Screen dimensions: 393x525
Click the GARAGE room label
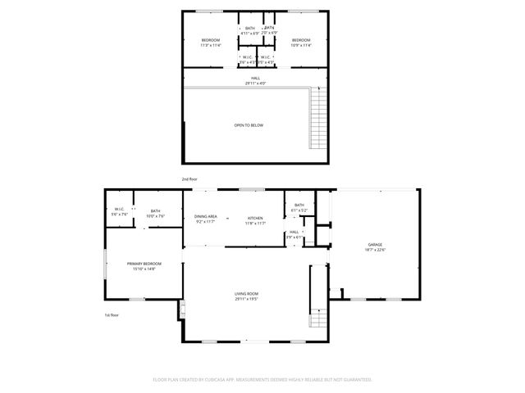pyautogui.click(x=376, y=245)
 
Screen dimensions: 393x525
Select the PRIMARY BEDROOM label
pyautogui.click(x=144, y=264)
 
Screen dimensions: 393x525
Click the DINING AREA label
pyautogui.click(x=205, y=217)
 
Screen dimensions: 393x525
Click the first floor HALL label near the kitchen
pyautogui.click(x=294, y=233)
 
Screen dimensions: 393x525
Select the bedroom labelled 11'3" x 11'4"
pyautogui.click(x=211, y=41)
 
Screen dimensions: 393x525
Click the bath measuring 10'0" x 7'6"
pyautogui.click(x=155, y=212)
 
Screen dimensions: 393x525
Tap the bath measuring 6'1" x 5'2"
pyautogui.click(x=299, y=206)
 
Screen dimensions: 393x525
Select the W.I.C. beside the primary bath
pyautogui.click(x=119, y=212)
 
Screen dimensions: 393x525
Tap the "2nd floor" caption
pyautogui.click(x=189, y=178)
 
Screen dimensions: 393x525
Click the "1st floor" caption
pyautogui.click(x=112, y=314)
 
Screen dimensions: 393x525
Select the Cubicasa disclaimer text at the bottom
pyautogui.click(x=262, y=380)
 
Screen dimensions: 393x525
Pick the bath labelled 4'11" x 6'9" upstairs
pyautogui.click(x=249, y=30)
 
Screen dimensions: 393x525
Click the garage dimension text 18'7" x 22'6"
pyautogui.click(x=376, y=251)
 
